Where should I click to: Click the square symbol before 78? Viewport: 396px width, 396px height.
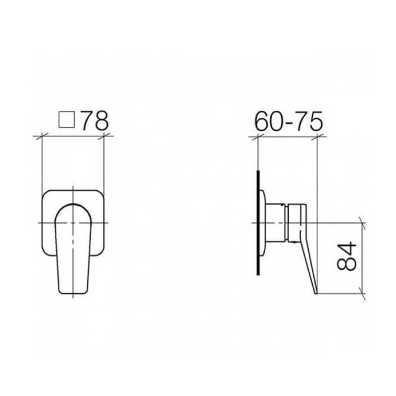pos(67,120)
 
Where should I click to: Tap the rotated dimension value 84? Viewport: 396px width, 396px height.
pos(346,256)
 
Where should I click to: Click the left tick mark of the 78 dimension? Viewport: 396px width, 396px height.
pos(42,137)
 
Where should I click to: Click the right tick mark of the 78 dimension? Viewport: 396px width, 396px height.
pos(104,137)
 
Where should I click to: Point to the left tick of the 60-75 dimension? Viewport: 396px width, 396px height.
pos(258,137)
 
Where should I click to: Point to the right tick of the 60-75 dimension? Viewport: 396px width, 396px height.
pos(317,137)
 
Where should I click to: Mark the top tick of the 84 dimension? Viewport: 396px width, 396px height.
pos(362,223)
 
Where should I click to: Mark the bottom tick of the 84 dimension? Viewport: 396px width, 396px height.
pos(362,294)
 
